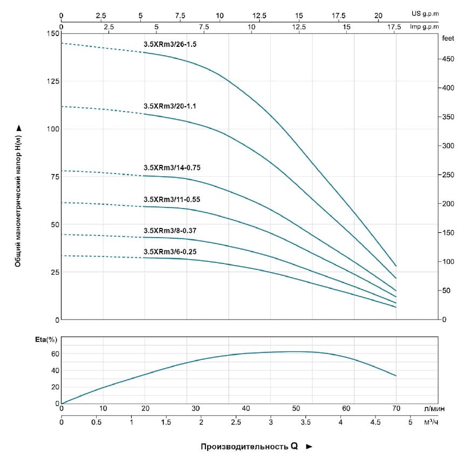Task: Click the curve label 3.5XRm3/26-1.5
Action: pos(170,45)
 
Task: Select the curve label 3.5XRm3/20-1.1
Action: pos(169,106)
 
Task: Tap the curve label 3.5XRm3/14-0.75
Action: pos(172,168)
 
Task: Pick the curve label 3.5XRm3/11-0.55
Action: pos(172,199)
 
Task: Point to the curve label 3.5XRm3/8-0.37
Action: pos(170,230)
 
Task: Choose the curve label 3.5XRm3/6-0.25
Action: pos(170,251)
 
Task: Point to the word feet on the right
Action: pos(448,39)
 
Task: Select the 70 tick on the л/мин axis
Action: pos(396,408)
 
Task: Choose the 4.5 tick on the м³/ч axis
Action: pos(375,423)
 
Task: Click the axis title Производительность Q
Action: pos(249,446)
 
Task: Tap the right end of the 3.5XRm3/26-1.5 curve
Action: pos(396,266)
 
